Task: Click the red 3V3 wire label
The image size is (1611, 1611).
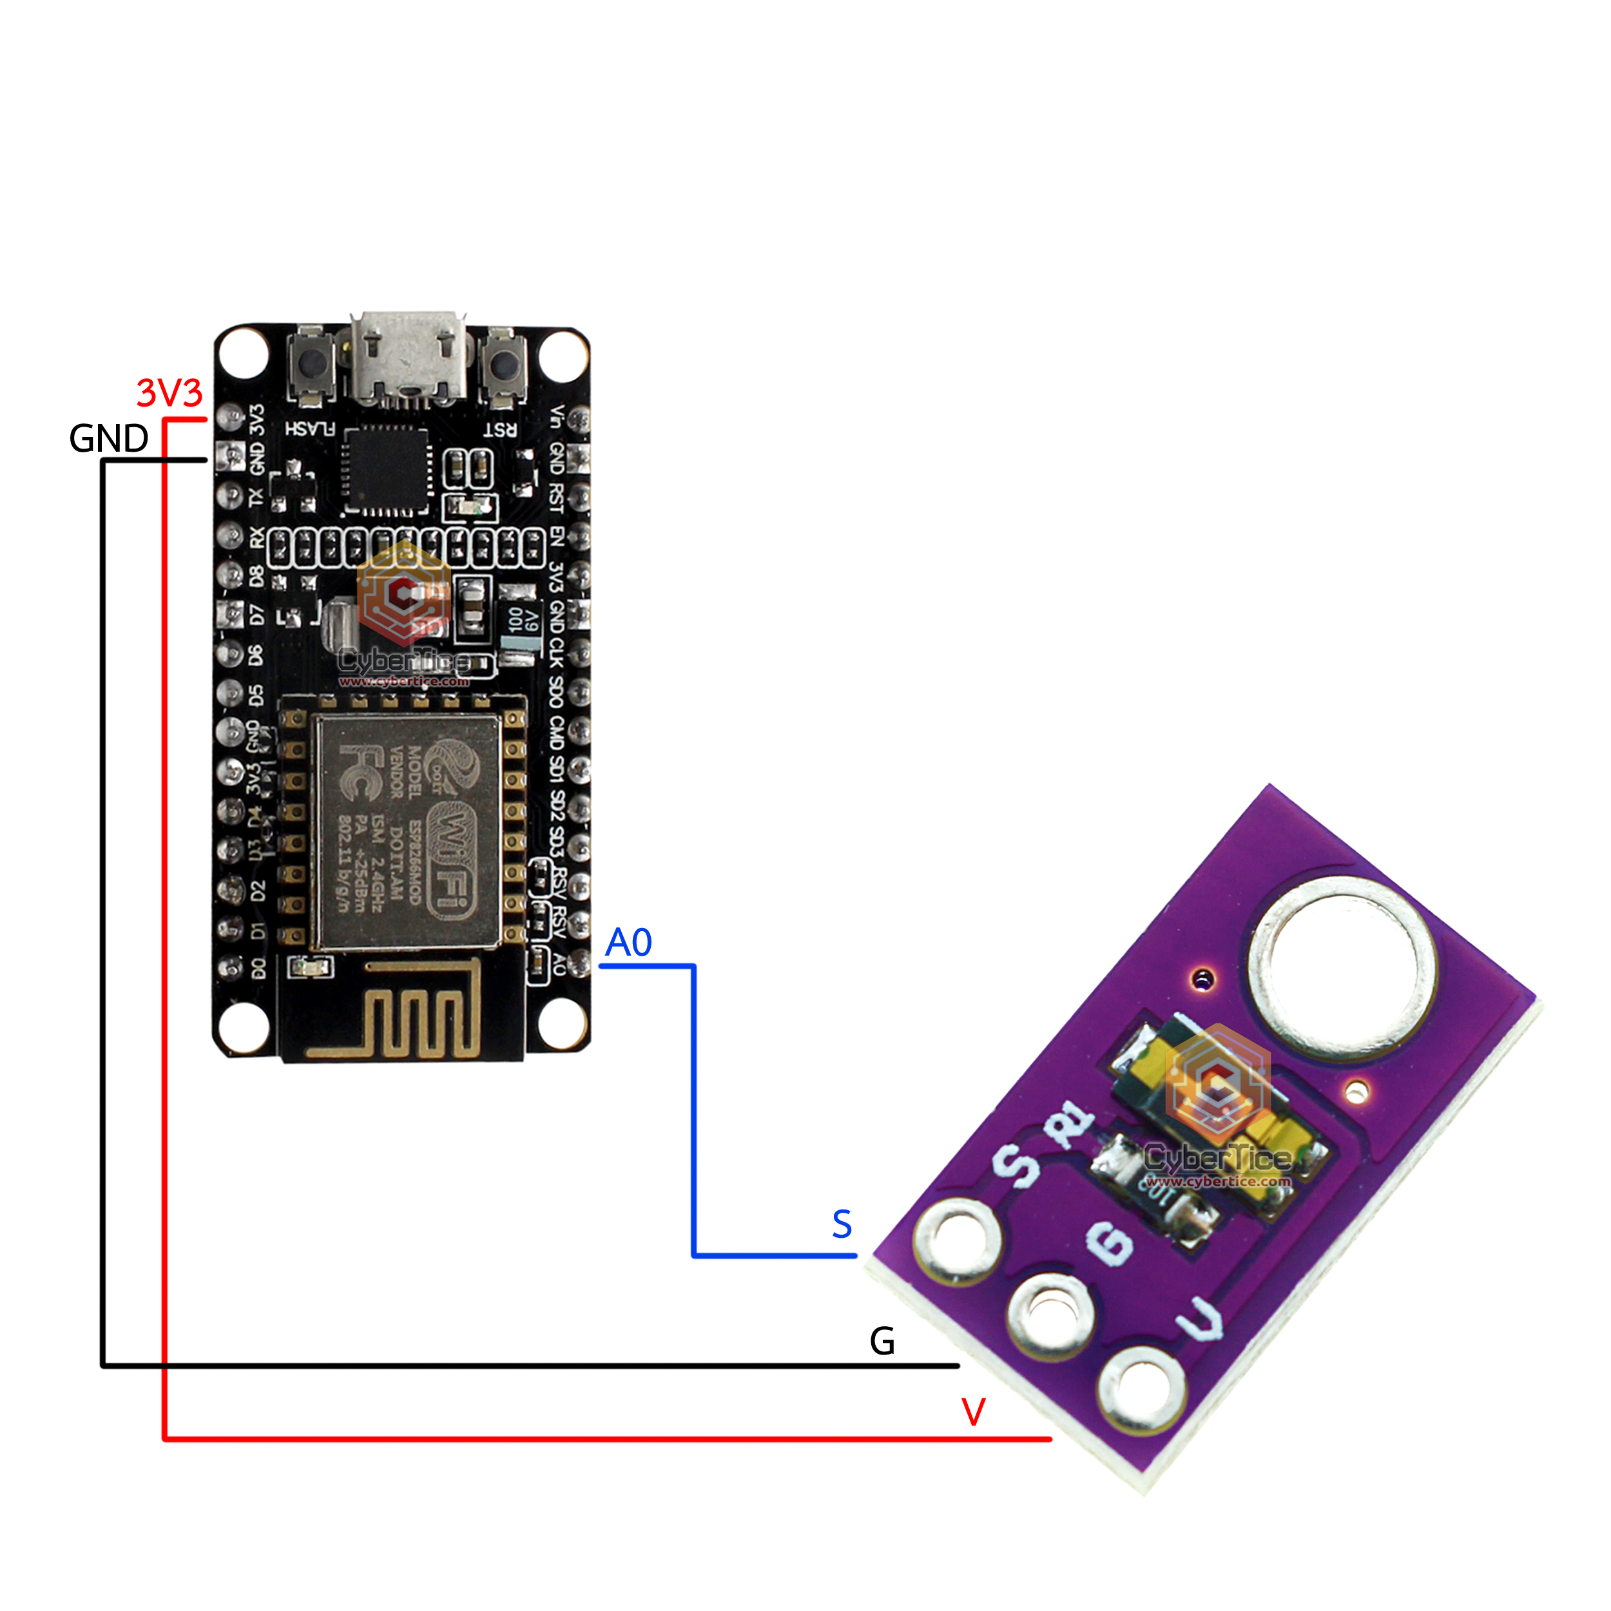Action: click(169, 392)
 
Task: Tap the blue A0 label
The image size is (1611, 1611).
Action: click(628, 943)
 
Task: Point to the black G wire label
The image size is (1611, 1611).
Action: click(882, 1342)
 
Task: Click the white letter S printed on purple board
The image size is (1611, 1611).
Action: click(1016, 1166)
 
